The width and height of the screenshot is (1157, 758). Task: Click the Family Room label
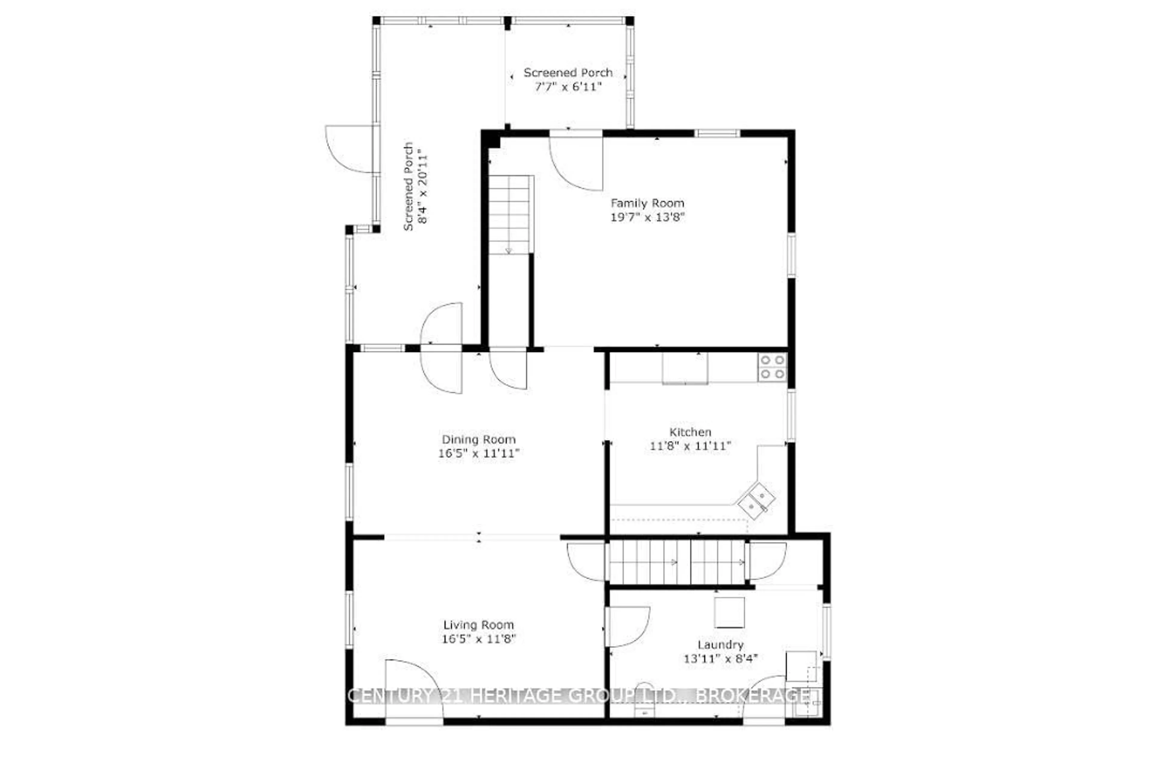pos(647,203)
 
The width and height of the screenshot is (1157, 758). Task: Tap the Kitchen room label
pos(690,432)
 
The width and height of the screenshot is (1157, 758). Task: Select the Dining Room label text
pos(478,439)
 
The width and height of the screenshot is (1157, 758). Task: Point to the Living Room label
pos(478,625)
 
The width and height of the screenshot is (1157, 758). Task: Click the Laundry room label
pos(720,645)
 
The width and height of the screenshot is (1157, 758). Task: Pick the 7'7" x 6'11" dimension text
pos(568,87)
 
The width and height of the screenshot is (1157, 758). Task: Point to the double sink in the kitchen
pos(757,501)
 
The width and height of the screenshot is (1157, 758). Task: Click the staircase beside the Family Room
pos(509,214)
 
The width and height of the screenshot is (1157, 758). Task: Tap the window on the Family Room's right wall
pos(792,255)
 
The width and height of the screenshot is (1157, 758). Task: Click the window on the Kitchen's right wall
pos(792,416)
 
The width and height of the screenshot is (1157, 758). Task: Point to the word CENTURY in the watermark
pos(389,696)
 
